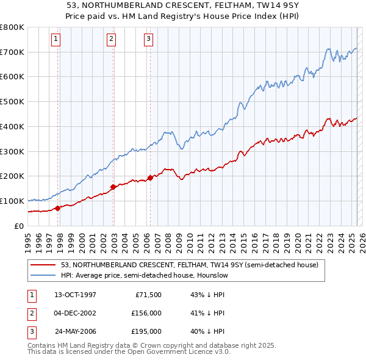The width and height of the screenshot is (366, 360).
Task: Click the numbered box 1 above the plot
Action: (x=56, y=39)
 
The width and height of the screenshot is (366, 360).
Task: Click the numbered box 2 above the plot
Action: (x=111, y=39)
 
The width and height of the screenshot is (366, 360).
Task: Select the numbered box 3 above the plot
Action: (x=148, y=39)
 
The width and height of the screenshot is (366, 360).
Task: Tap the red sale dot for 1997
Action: (x=58, y=208)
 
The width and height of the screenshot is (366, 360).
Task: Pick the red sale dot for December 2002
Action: (x=113, y=187)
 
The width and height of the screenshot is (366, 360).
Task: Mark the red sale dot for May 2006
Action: (x=151, y=178)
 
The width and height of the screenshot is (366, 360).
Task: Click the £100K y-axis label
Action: (x=12, y=201)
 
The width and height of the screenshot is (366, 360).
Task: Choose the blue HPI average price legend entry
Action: (x=144, y=276)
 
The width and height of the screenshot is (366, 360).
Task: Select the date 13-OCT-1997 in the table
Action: (x=75, y=295)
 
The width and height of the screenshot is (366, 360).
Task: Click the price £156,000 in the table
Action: (x=146, y=313)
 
